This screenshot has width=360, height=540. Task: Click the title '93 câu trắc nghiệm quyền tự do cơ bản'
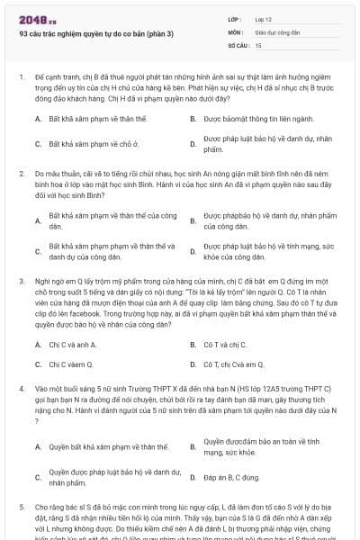pos(96,35)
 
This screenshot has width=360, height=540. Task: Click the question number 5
pos(21,507)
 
